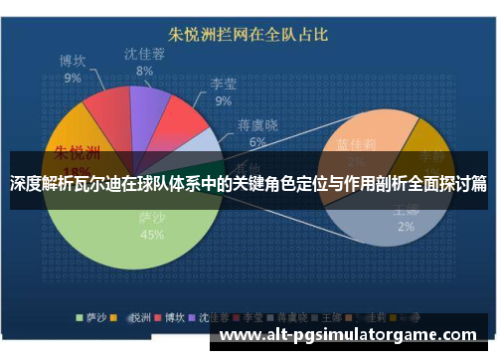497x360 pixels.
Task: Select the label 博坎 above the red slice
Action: (x=73, y=62)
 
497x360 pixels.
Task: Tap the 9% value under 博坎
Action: (x=73, y=78)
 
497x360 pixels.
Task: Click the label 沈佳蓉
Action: (x=145, y=55)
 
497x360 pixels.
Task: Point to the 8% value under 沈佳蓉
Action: (x=145, y=71)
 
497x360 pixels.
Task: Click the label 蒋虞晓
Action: (x=257, y=126)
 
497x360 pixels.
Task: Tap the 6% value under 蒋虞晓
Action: (x=257, y=142)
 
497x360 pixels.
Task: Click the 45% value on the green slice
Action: (x=152, y=235)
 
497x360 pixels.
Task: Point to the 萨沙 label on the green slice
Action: (x=152, y=218)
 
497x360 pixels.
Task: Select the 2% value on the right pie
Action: (x=406, y=227)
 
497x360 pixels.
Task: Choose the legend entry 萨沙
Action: (x=95, y=317)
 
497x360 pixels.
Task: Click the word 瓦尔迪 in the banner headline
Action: (x=95, y=183)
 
